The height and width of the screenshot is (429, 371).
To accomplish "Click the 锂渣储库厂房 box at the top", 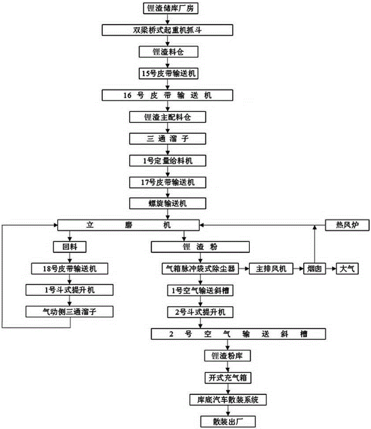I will point(167,8).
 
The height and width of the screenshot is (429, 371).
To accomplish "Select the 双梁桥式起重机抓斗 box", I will point(167,30).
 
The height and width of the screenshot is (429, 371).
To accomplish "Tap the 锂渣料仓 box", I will point(167,52).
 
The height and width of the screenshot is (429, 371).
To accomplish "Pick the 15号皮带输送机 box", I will point(167,73).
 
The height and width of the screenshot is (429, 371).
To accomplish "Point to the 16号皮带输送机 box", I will point(167,95).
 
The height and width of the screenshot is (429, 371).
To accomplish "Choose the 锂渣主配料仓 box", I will point(167,117).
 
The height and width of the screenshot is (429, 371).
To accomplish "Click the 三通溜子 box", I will point(167,138).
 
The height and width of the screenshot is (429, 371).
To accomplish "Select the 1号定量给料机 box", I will point(167,160).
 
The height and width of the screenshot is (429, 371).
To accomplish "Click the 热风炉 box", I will point(342,225).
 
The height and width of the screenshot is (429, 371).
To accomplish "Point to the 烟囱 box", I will point(314,269).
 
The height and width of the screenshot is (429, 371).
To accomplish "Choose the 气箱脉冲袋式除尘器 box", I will point(200,269).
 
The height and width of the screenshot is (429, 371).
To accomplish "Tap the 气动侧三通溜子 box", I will point(70,311).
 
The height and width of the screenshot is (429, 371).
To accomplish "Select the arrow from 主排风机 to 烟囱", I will point(298,269).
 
